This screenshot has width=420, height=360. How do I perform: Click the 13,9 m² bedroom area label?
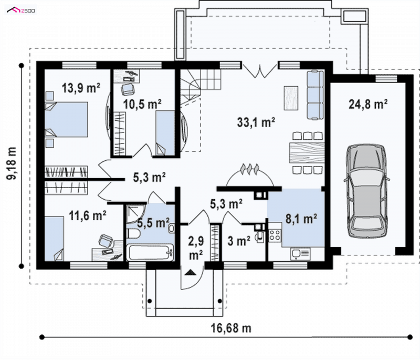(x=81, y=88)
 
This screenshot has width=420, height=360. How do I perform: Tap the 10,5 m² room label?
(x=142, y=104)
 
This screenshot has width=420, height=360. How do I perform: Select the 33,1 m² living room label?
(x=256, y=122)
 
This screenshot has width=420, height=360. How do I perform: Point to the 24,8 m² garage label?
(x=368, y=104)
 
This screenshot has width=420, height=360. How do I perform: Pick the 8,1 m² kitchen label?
(x=301, y=219)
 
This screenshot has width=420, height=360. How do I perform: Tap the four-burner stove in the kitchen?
(x=275, y=235)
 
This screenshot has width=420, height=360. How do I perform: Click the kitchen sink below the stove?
(x=300, y=254)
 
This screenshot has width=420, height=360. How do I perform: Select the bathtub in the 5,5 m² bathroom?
(x=150, y=252)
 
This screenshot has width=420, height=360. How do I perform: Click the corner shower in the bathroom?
(x=135, y=214)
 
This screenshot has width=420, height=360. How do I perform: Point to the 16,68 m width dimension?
(x=231, y=328)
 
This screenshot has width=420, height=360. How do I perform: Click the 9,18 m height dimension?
(x=12, y=163)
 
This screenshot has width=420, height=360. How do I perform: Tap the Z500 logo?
(x=21, y=11)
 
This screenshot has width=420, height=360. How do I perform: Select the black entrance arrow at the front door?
(x=191, y=272)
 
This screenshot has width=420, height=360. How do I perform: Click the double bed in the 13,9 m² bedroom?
(x=66, y=119)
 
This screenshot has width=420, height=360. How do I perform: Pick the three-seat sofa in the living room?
(x=315, y=95)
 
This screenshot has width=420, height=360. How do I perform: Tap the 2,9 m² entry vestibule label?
(x=196, y=248)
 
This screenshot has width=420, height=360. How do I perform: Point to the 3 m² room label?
(x=239, y=241)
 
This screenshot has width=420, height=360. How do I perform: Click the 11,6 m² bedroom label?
(x=88, y=215)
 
